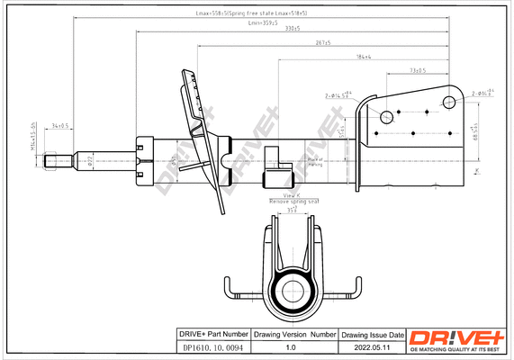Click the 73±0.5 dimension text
point(417,69)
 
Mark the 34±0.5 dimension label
point(62,127)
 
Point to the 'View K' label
point(291,195)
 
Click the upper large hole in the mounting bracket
point(386,115)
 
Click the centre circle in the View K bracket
point(292,292)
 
